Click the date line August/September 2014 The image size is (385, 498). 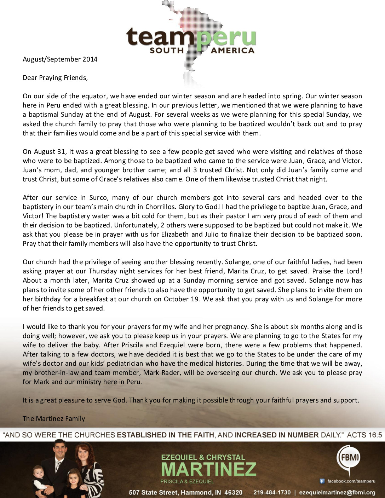pyautogui.click(x=60, y=59)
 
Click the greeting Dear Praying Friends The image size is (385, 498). pyautogui.click(x=55, y=77)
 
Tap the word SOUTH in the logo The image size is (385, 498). pyautogui.click(x=167, y=51)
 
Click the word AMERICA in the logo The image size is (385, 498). pyautogui.click(x=232, y=51)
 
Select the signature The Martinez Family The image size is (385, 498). pyautogui.click(x=54, y=418)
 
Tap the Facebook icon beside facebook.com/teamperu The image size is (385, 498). pyautogui.click(x=322, y=481)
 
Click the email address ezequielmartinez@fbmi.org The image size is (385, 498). pyautogui.click(x=337, y=492)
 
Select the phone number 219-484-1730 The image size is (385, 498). pyautogui.click(x=272, y=492)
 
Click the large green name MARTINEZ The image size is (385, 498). pyautogui.click(x=208, y=469)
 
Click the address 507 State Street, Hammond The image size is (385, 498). pyautogui.click(x=185, y=492)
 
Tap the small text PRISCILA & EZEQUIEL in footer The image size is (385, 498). pyautogui.click(x=187, y=481)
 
